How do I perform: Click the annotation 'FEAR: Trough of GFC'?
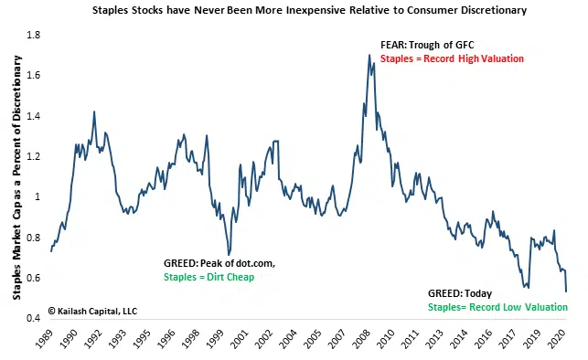427,45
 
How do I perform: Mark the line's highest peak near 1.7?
369,55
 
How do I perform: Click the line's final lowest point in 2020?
566,291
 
